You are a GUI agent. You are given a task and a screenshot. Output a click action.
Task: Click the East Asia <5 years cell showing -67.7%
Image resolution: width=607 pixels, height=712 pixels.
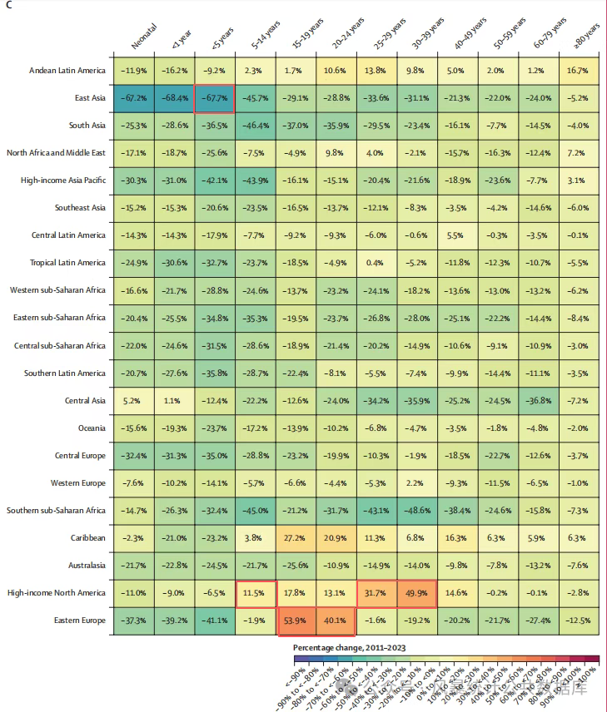tap(215, 98)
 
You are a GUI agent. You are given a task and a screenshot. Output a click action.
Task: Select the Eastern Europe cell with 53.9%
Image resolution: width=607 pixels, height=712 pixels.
tap(296, 621)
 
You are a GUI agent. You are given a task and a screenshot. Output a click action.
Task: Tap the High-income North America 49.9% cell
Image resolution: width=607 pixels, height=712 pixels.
tap(418, 593)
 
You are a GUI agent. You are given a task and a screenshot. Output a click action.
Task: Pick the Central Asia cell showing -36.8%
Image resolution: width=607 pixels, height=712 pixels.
tap(540, 400)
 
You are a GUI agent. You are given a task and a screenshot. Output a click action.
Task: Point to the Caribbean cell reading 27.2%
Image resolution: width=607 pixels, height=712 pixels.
tap(296, 538)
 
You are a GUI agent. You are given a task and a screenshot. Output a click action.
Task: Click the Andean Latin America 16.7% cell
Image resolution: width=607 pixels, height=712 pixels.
tap(581, 71)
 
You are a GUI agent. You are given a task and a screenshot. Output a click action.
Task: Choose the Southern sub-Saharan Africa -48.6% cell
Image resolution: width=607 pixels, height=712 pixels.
tap(418, 510)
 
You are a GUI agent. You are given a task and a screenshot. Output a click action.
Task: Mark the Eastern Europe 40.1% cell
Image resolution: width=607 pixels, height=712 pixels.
tap(337, 621)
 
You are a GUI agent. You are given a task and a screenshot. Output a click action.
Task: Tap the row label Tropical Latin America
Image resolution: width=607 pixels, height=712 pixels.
tap(58, 263)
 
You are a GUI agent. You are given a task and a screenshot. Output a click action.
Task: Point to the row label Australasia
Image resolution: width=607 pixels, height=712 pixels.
tap(82, 566)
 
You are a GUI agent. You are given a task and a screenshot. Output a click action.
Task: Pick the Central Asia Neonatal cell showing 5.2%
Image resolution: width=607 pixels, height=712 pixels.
tap(133, 400)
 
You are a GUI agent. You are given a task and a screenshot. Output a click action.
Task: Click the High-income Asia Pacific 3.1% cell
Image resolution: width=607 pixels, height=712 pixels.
tap(581, 180)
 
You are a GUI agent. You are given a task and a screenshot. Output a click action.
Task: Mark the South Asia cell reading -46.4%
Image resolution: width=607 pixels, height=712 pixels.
tap(256, 126)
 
